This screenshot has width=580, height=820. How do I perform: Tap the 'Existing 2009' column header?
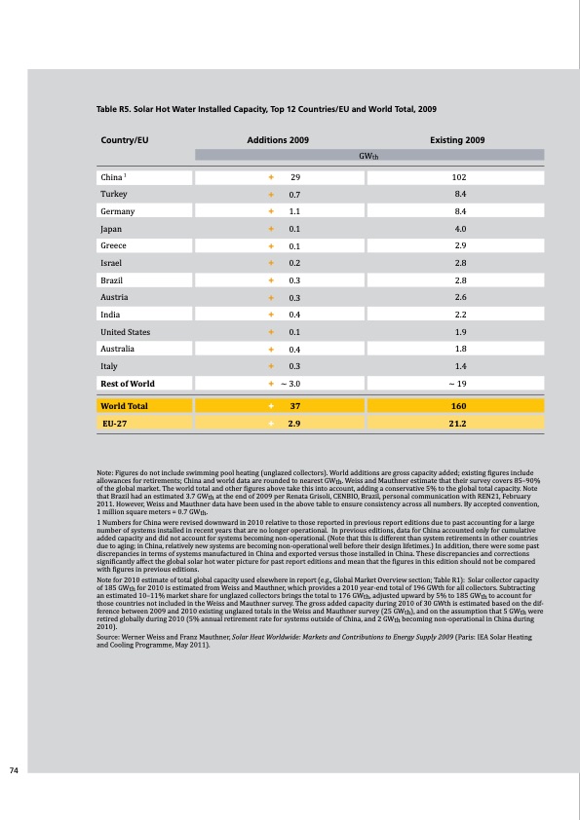tap(457, 141)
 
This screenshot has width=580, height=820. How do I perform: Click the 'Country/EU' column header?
tap(125, 141)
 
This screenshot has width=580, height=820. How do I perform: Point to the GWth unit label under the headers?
tap(368, 155)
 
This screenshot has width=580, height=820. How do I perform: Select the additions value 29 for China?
tap(294, 176)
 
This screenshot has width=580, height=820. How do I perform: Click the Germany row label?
tap(118, 210)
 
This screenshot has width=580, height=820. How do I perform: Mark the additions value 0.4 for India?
tap(293, 315)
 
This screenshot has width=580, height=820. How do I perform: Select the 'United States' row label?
tap(127, 331)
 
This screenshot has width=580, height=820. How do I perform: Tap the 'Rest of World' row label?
tap(128, 384)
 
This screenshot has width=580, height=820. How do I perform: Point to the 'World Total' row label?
tap(125, 405)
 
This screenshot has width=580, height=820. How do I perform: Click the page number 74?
tap(14, 770)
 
